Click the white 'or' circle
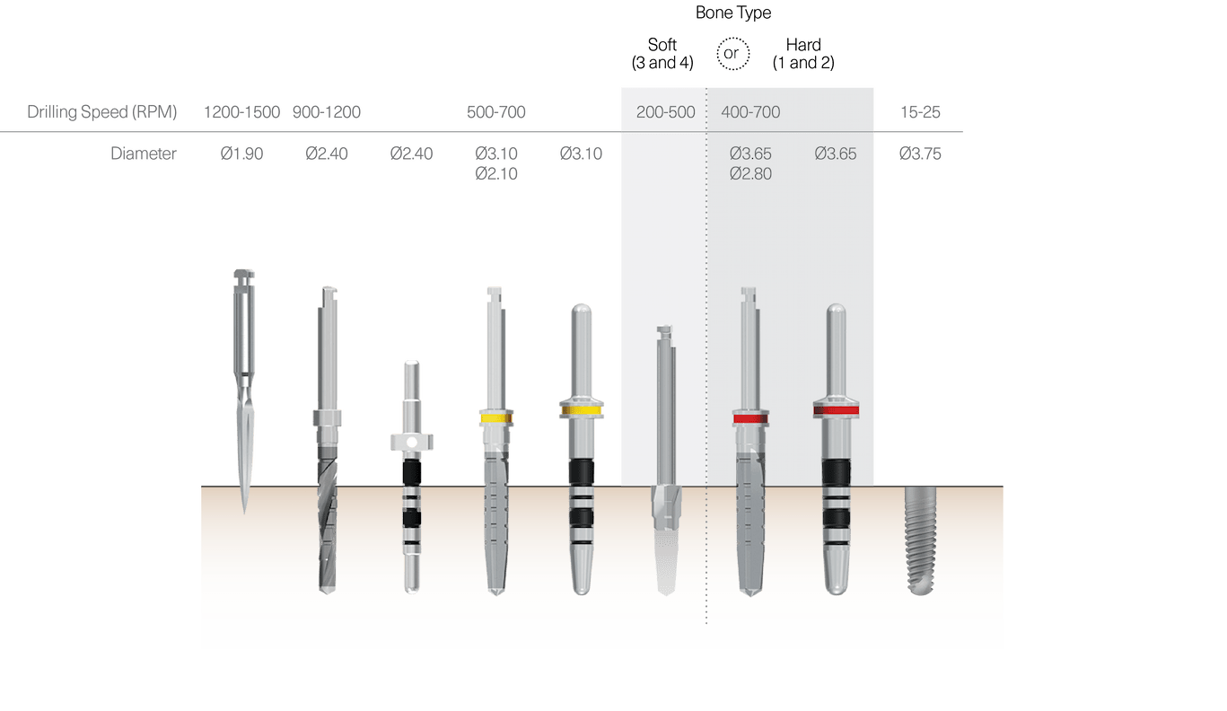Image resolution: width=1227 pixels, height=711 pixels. coord(732,54)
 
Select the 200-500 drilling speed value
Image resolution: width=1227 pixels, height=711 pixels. coord(665,112)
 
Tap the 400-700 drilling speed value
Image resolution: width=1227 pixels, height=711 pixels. coord(750,112)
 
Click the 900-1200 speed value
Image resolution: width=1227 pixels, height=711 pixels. coord(327,112)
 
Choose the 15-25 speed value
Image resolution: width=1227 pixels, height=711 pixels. coord(920,112)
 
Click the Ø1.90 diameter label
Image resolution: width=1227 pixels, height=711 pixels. coord(241,154)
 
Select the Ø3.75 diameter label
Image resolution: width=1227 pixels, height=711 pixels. coord(920,154)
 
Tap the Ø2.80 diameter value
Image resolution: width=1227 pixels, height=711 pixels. coord(750,173)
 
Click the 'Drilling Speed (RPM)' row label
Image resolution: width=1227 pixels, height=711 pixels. coord(102,112)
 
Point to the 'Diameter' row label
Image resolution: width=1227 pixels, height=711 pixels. coord(144,154)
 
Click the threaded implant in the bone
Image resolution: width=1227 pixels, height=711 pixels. coord(921,539)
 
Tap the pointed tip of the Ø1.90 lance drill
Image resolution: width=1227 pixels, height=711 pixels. coord(243,509)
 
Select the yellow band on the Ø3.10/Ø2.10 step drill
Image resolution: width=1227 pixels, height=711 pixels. coord(495,417)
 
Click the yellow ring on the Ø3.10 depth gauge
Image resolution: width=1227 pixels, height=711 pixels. coord(581,411)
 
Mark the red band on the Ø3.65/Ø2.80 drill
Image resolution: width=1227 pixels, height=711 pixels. coord(750,418)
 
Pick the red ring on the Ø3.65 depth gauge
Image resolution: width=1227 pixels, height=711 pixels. coord(836,411)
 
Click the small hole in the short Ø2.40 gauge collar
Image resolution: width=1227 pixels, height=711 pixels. coord(411,442)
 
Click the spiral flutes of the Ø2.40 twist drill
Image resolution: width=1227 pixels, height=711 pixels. coord(327,521)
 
